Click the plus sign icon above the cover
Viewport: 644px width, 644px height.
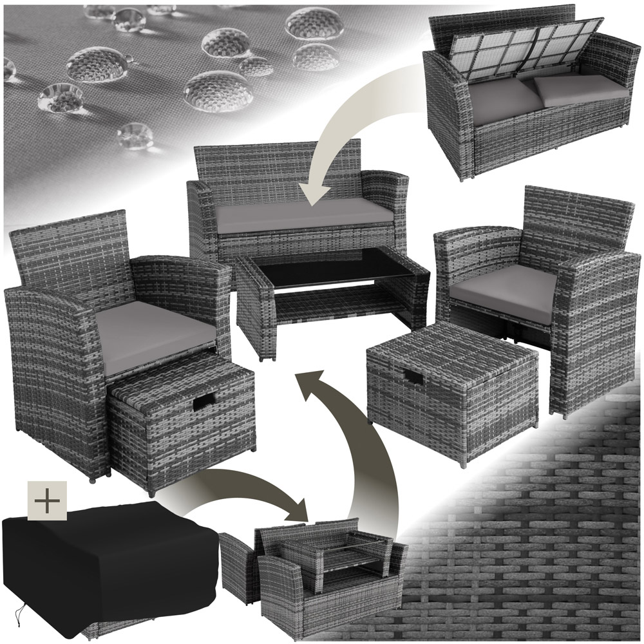47,500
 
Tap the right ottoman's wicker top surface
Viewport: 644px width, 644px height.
451,351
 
